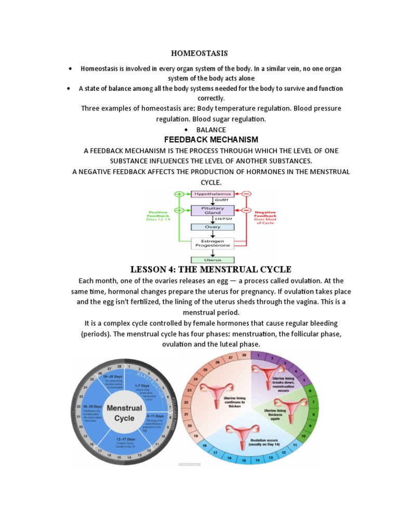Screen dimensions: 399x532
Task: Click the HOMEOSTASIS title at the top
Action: tap(199, 54)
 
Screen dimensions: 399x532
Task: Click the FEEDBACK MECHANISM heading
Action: tap(211, 140)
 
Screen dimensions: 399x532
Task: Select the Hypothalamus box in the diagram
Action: tap(212, 194)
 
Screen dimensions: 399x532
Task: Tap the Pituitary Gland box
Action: tap(212, 210)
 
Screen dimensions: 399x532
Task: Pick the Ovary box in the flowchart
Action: tap(212, 227)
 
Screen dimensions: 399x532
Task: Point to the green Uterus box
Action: tap(212, 260)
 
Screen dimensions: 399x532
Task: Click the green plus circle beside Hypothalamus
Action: tap(180, 194)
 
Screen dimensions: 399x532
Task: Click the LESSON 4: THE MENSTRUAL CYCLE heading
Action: tap(210, 269)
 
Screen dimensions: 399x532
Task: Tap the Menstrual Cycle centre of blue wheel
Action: tap(124, 413)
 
